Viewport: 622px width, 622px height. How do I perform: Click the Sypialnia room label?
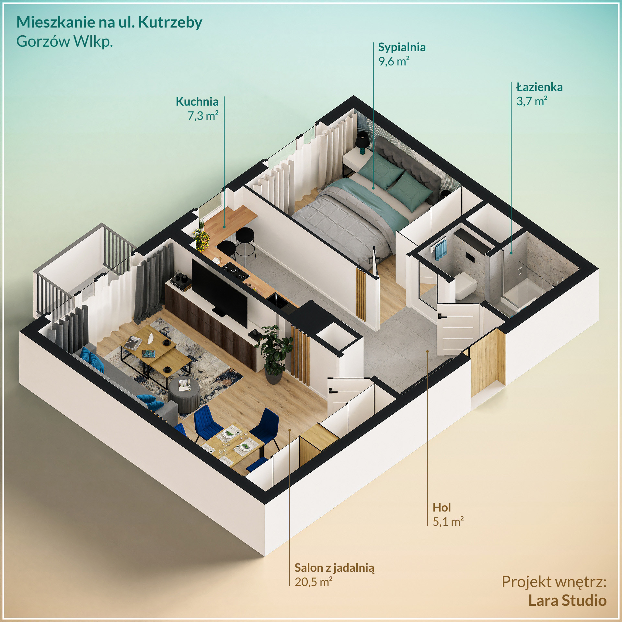pos(402,47)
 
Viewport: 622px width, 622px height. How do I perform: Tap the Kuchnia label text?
pos(197,102)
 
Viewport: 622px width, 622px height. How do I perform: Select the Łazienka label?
pos(539,87)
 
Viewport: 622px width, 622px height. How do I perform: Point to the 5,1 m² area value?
pos(448,522)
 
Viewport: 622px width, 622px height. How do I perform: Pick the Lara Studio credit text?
pos(567,600)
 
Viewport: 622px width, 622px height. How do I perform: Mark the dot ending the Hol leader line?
pos(428,351)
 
